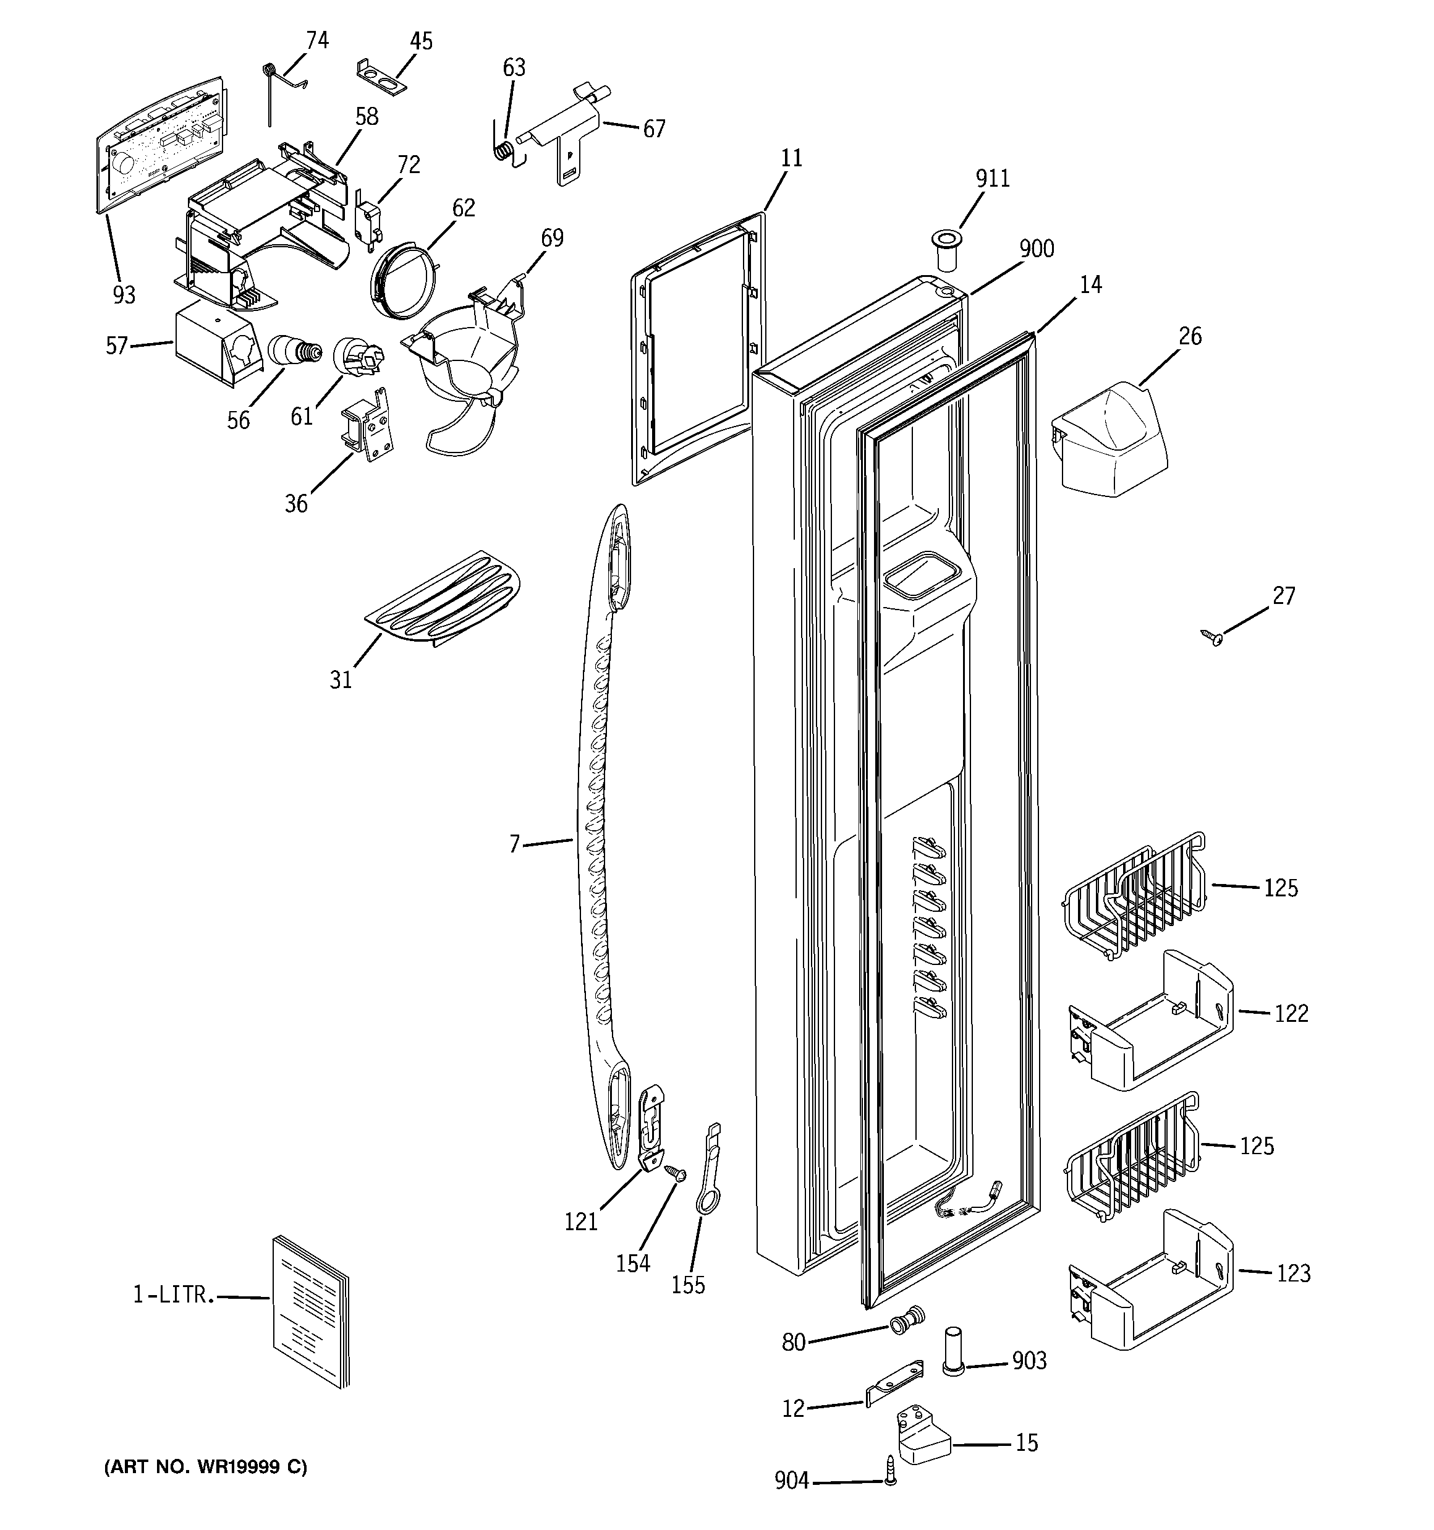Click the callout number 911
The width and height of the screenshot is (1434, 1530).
point(992,179)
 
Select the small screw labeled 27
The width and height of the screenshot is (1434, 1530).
point(1212,635)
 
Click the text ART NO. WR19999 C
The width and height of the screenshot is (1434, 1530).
point(205,1467)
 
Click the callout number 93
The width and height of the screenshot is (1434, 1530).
point(123,295)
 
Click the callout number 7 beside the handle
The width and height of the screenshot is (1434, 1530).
point(515,844)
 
